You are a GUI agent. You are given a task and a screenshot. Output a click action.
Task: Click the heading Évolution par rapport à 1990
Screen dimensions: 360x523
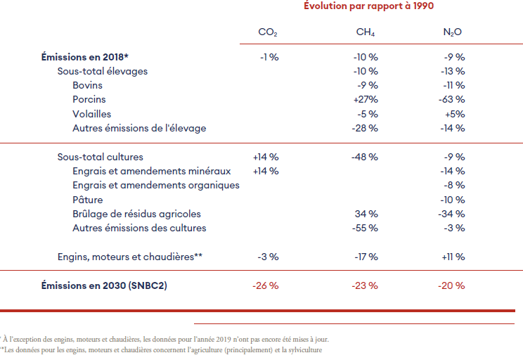pyautogui.click(x=368, y=6)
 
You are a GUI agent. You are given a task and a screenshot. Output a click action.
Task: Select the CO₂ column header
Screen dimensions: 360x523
pyautogui.click(x=267, y=32)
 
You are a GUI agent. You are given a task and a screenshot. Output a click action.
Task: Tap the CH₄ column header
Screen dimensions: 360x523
pyautogui.click(x=366, y=32)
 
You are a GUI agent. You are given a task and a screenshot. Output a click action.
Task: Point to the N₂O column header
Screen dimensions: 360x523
pyautogui.click(x=453, y=32)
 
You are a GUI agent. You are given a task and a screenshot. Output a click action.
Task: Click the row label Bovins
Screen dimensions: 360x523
pyautogui.click(x=87, y=85)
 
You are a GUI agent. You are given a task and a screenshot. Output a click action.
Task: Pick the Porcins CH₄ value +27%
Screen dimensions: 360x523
pyautogui.click(x=366, y=100)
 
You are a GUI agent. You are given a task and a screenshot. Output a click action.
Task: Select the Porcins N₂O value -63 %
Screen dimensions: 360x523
pyautogui.click(x=453, y=100)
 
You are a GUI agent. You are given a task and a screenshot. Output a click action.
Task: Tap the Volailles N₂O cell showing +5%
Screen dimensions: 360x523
pyautogui.click(x=454, y=114)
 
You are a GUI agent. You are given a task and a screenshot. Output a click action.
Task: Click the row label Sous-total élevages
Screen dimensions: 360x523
pyautogui.click(x=102, y=71)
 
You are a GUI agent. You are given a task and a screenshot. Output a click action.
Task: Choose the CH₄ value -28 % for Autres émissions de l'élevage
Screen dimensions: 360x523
pyautogui.click(x=366, y=128)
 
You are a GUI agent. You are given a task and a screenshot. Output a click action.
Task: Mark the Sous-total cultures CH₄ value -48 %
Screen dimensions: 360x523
pyautogui.click(x=366, y=157)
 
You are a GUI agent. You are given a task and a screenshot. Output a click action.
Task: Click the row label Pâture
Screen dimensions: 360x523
pyautogui.click(x=88, y=200)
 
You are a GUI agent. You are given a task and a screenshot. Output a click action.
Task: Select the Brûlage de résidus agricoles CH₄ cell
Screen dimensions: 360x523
pyautogui.click(x=367, y=214)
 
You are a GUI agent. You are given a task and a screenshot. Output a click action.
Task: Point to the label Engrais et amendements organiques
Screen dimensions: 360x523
pyautogui.click(x=156, y=185)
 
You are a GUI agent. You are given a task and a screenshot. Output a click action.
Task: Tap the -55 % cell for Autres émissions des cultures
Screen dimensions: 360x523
pyautogui.click(x=366, y=228)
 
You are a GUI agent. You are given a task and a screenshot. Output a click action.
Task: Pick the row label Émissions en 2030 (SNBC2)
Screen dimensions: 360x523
pyautogui.click(x=104, y=285)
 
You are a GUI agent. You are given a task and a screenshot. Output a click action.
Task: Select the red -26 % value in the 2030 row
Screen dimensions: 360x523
pyautogui.click(x=266, y=285)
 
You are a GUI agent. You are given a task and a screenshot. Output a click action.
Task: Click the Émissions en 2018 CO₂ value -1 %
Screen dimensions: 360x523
pyautogui.click(x=269, y=57)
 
